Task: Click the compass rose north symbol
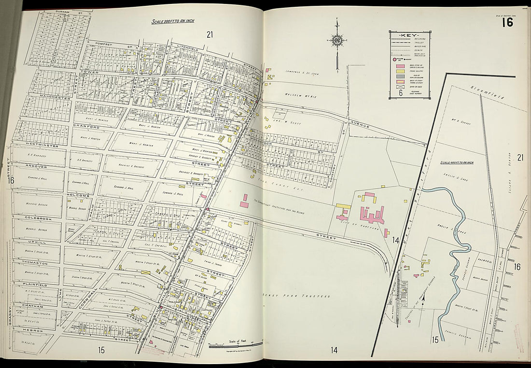[x=336, y=41]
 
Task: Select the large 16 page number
[x=507, y=22]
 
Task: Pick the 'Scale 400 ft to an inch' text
[x=456, y=162]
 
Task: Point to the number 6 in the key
[x=400, y=93]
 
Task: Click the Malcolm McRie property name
[x=300, y=96]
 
